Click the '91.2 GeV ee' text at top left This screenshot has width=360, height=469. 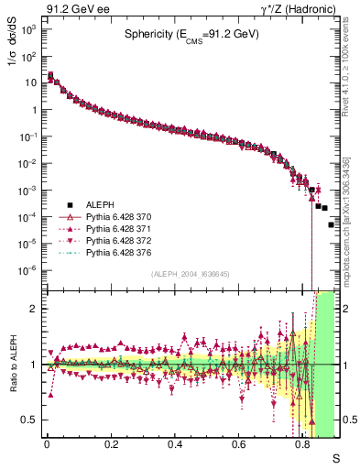pyautogui.click(x=78, y=11)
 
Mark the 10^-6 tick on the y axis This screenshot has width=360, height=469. pyautogui.click(x=27, y=270)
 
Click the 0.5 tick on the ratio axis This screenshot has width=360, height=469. pyautogui.click(x=29, y=420)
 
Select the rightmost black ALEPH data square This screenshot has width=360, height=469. pyautogui.click(x=332, y=224)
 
